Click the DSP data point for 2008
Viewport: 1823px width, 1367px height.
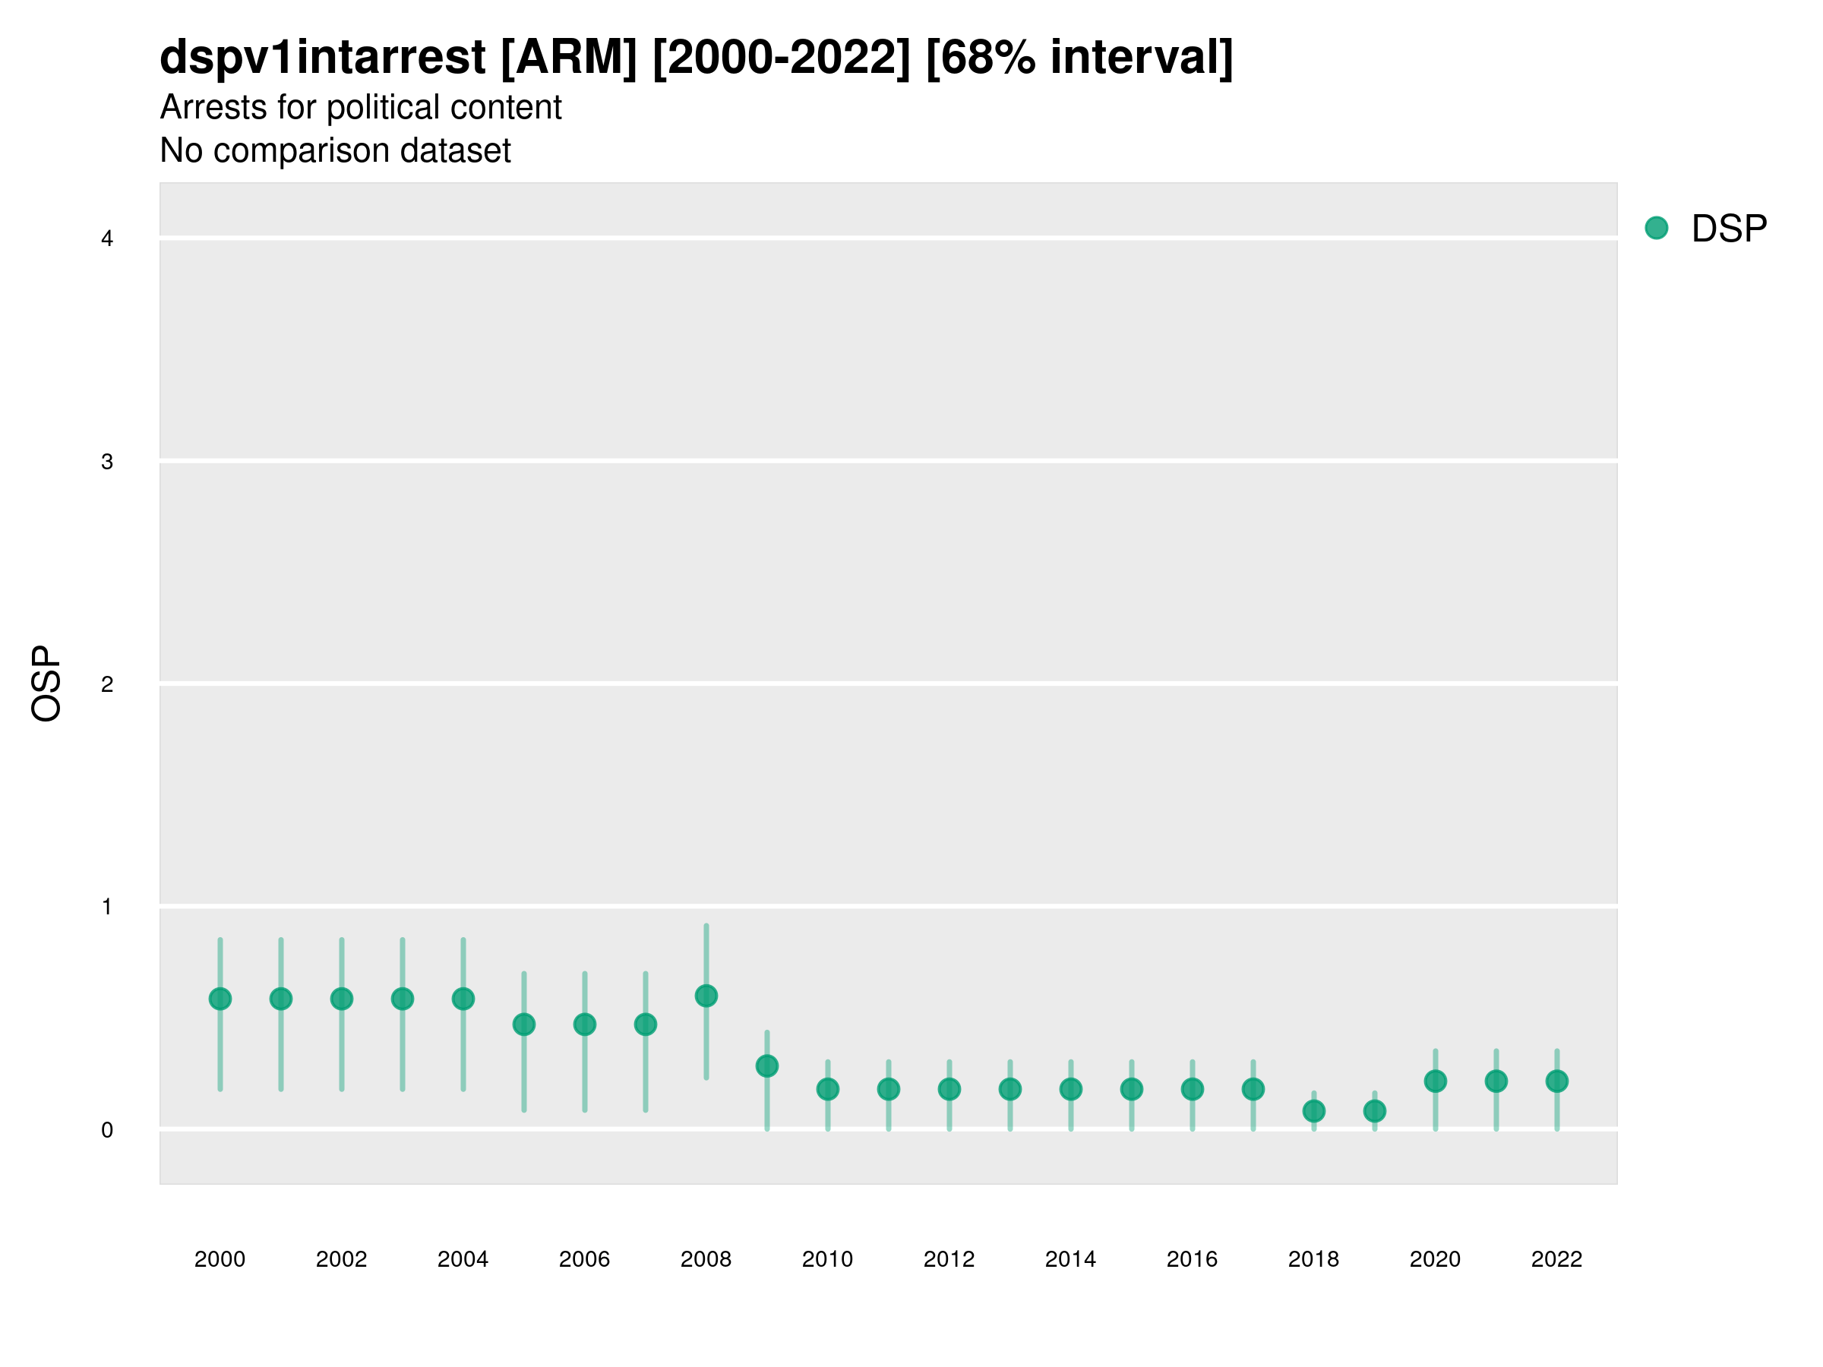point(706,996)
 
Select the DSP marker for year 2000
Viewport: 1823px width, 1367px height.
point(220,999)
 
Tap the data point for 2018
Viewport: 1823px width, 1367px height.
point(1313,1112)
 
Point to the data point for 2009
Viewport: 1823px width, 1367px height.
point(767,1066)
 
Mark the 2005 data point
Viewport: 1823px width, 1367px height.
point(524,1024)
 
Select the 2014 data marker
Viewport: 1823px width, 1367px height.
point(1070,1089)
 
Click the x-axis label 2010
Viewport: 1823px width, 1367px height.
point(827,1259)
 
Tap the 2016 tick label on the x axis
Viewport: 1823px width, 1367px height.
point(1192,1259)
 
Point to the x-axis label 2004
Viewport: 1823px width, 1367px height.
point(463,1259)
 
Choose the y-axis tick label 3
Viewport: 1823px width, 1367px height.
point(107,462)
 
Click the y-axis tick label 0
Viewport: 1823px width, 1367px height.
point(107,1130)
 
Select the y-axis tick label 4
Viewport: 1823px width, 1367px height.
point(107,239)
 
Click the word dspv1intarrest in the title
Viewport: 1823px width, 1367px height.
point(322,57)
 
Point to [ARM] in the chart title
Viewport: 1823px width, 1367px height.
point(569,57)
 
